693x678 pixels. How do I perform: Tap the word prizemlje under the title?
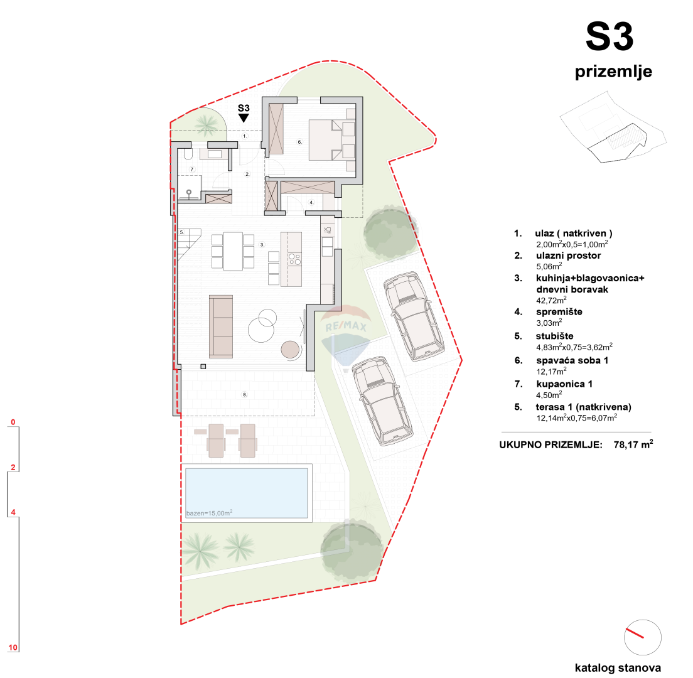(613, 72)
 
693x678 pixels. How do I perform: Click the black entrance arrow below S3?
(244, 117)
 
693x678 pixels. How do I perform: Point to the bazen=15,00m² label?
(210, 513)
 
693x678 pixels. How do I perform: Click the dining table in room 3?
(233, 251)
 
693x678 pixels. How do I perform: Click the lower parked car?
(379, 400)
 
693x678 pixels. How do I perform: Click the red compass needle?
(635, 633)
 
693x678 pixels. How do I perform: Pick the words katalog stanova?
(618, 668)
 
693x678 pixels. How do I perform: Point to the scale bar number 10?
(13, 647)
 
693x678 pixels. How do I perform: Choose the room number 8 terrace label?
(245, 395)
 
